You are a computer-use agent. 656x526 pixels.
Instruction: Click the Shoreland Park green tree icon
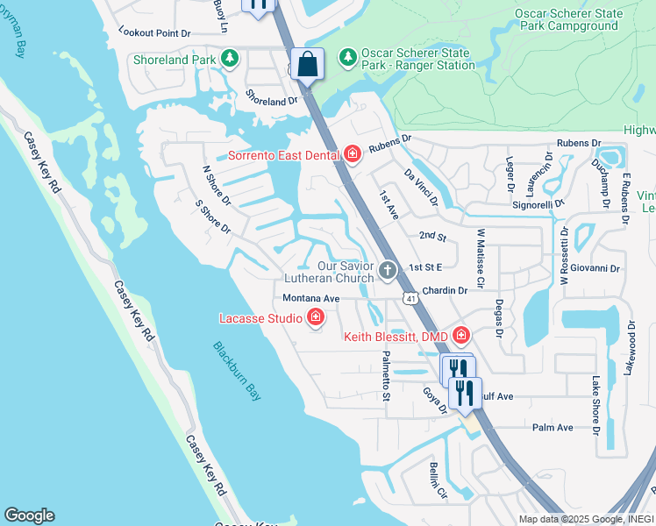pos(230,60)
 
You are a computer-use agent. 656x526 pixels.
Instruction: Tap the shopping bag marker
pos(307,64)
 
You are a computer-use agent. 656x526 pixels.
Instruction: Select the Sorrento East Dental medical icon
pos(353,156)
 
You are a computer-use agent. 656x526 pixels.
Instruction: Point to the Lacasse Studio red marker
pos(316,319)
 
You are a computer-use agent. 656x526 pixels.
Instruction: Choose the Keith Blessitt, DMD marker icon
pos(461,336)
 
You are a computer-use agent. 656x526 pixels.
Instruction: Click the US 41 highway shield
pos(410,299)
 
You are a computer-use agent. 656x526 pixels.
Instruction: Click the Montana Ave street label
pos(310,298)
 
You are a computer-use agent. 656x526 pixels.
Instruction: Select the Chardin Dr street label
pos(446,290)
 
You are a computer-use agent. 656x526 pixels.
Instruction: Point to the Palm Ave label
pos(553,428)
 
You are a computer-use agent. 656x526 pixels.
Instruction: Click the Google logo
pos(29,515)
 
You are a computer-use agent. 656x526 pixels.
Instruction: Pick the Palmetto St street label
pos(386,372)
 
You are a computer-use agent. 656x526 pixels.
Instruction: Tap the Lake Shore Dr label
pos(595,406)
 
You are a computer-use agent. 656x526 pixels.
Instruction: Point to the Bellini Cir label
pos(438,480)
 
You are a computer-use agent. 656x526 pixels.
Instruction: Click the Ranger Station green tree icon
pos(348,57)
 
